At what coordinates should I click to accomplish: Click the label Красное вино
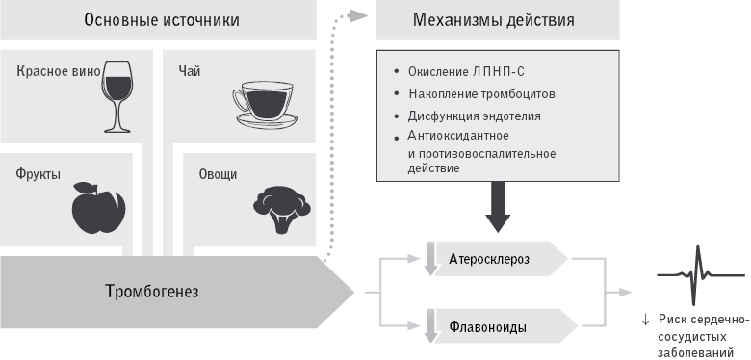click(x=55, y=70)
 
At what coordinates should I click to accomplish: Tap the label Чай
click(x=189, y=70)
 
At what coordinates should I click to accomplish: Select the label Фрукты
click(x=39, y=174)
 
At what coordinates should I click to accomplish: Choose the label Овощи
click(x=217, y=174)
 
